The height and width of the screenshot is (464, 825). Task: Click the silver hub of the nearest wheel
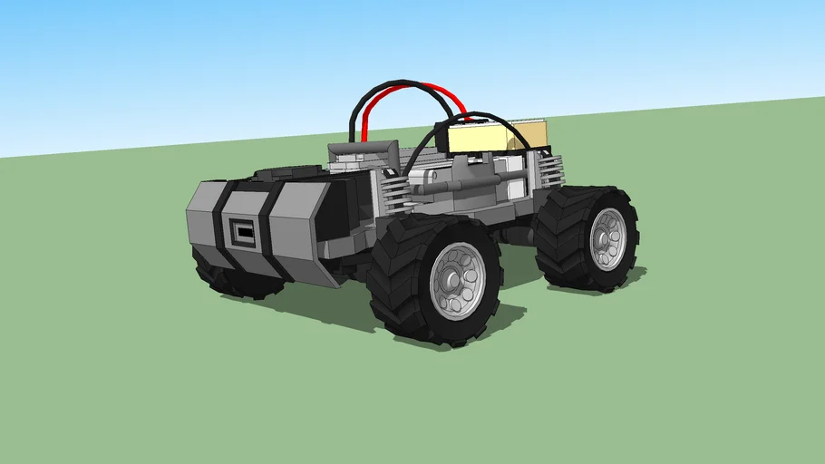(x=457, y=281)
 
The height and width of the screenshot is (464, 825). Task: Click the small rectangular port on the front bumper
(x=243, y=232)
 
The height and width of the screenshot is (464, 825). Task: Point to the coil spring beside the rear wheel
(x=550, y=170)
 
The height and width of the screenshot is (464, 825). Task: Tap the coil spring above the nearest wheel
(x=394, y=192)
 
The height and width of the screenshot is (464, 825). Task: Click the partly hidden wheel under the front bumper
(x=227, y=275)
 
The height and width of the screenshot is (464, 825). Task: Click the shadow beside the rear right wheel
(x=635, y=276)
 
